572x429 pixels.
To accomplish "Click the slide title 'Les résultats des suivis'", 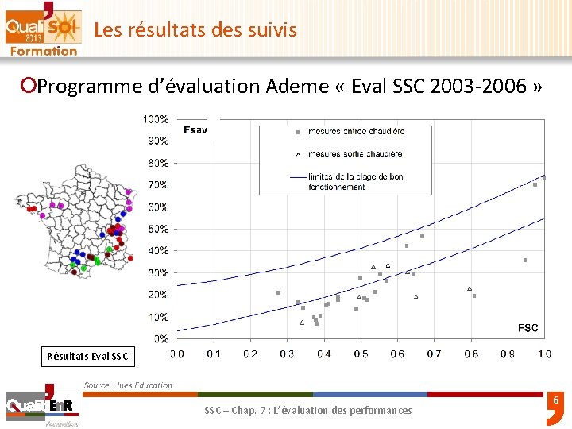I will click(x=195, y=30).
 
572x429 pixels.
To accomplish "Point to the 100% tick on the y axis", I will click(x=155, y=119).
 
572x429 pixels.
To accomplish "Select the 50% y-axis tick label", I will click(x=157, y=229).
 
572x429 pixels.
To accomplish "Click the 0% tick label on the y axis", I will click(x=159, y=338).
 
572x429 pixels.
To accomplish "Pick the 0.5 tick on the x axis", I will click(x=361, y=354).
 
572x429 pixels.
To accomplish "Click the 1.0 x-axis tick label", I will click(x=544, y=354).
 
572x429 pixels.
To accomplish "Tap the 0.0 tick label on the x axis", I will click(x=177, y=354).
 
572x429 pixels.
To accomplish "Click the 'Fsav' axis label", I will click(x=195, y=129).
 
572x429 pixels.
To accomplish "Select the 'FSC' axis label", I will click(x=528, y=327).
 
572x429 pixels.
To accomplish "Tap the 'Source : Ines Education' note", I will click(x=128, y=385).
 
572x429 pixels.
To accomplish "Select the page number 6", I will click(x=556, y=403).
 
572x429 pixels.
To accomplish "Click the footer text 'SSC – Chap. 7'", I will click(x=308, y=410).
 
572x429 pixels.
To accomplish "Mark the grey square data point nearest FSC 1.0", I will click(x=544, y=177).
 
